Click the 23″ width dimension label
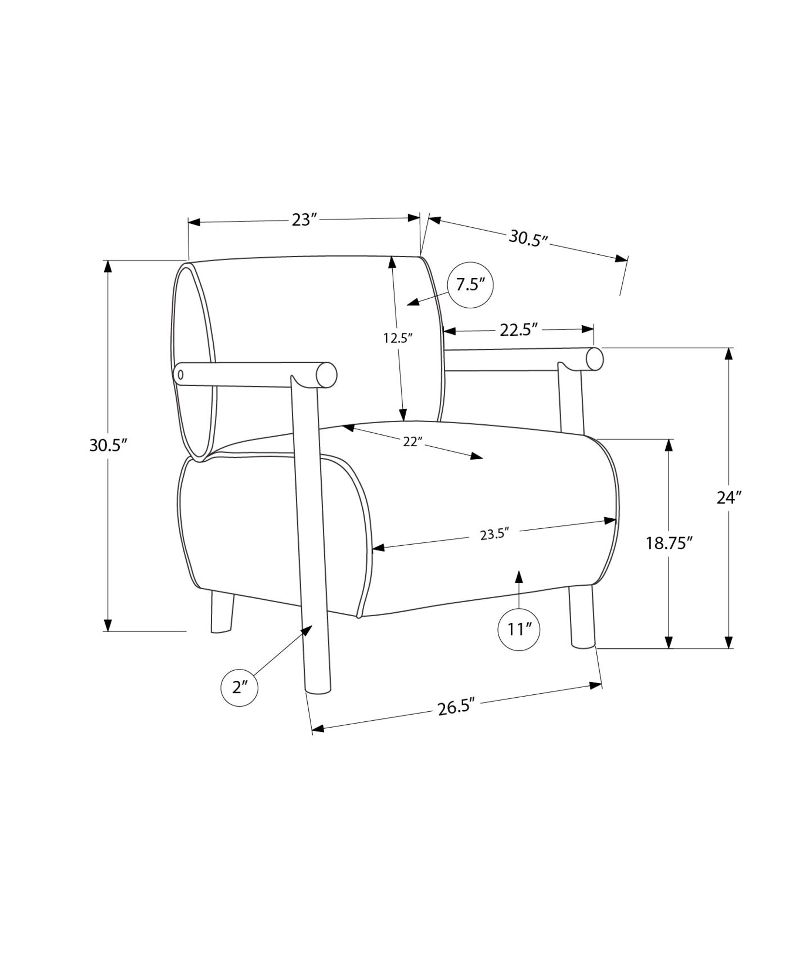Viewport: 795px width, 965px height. (304, 220)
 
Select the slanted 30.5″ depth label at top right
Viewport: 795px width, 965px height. (529, 238)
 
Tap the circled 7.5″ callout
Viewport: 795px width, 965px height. (470, 285)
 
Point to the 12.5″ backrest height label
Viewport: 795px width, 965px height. (398, 338)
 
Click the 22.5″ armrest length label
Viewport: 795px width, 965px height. (519, 330)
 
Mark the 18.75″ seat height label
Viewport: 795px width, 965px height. (670, 543)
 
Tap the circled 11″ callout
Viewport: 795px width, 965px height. (519, 630)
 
